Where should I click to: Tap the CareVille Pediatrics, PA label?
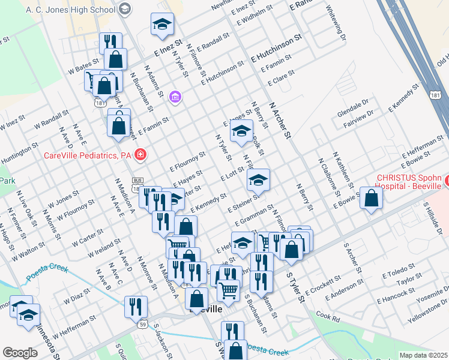88,155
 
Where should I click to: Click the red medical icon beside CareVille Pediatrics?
140,155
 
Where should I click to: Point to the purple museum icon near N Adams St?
175,97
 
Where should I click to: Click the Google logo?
20,353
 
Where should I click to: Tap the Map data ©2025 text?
423,355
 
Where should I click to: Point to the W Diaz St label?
77,293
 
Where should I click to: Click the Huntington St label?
19,153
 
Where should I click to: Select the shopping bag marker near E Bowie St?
371,199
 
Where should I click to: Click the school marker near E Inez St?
161,25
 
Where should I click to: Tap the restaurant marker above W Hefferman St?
135,307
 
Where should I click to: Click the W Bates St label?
83,67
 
